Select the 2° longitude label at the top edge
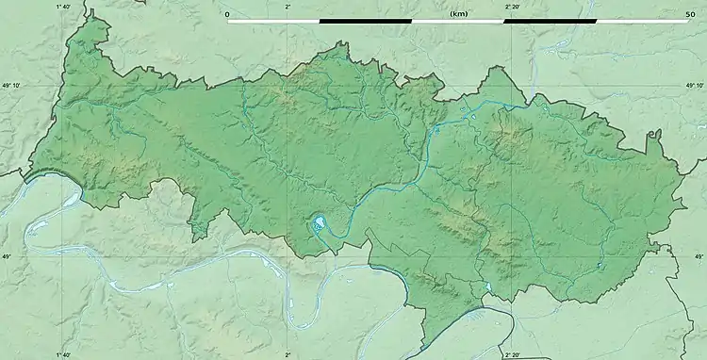(288, 7)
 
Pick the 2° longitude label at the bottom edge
(288, 354)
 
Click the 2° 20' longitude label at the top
(515, 7)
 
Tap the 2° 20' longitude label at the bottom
(515, 354)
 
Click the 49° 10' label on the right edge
(695, 85)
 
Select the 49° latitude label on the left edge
(7, 256)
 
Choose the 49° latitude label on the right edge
(699, 256)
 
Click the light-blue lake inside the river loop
(321, 224)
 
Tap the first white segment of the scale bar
(273, 21)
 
